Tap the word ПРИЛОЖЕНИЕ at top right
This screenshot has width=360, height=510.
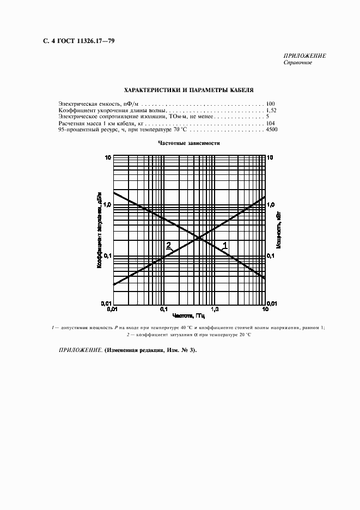pyautogui.click(x=304, y=56)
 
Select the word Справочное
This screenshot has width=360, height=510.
pyautogui.click(x=297, y=63)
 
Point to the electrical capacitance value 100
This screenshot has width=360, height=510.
pyautogui.click(x=271, y=103)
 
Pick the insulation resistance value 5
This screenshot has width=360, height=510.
pyautogui.click(x=268, y=117)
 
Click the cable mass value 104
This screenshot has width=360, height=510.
pyautogui.click(x=271, y=124)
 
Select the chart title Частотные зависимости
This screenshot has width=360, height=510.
pyautogui.click(x=188, y=143)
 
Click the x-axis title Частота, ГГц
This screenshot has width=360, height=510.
pyautogui.click(x=188, y=316)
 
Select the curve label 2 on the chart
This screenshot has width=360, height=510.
pyautogui.click(x=168, y=245)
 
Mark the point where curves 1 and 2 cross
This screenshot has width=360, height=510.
pyautogui.click(x=198, y=238)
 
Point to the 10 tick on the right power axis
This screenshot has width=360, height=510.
pyautogui.click(x=271, y=157)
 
